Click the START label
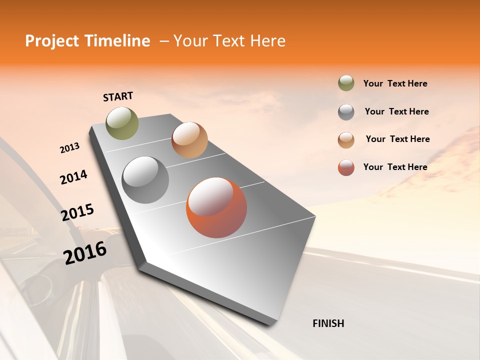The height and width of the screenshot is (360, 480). coord(118,96)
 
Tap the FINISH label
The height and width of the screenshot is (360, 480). coord(328,323)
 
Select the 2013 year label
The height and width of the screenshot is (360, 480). coord(69,148)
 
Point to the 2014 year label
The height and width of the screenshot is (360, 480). coord(73,177)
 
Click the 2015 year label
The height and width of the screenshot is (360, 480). coord(77,212)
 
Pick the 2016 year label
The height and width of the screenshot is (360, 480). coord(85,252)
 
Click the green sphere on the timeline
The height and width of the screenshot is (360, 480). coord(122,123)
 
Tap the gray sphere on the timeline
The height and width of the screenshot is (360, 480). coord(145,180)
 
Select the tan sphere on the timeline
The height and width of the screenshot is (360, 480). coord(189,140)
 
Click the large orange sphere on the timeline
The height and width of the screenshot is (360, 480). coord(216,207)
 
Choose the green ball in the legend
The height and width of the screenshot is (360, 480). coord(346,83)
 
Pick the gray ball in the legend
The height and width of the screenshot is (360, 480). coord(346,112)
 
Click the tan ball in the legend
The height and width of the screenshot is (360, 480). coord(346,140)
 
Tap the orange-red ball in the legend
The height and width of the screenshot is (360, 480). coord(346,167)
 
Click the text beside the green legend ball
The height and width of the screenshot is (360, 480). coord(395,83)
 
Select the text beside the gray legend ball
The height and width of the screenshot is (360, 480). coord(396,111)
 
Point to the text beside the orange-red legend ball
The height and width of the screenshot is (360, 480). coord(395,167)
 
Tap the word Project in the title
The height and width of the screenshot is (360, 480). coord(50,41)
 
